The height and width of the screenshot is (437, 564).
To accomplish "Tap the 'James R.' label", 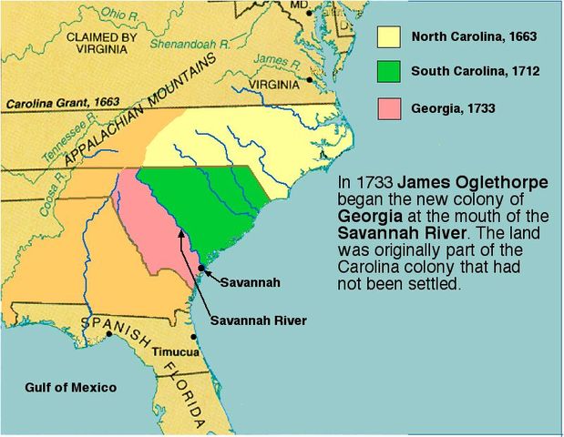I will (x=271, y=59).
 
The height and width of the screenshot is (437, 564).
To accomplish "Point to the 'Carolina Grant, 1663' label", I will (x=63, y=103).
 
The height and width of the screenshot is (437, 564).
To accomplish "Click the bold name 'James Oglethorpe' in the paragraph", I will (x=491, y=183).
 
